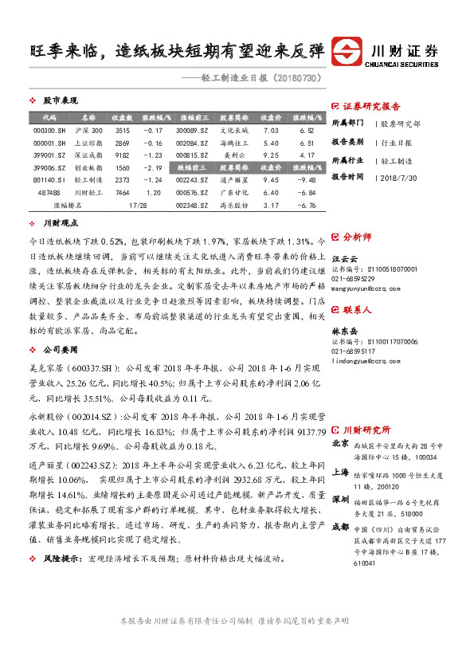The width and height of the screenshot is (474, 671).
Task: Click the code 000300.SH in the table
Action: [45, 131]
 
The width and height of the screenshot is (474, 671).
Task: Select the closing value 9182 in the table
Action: [122, 155]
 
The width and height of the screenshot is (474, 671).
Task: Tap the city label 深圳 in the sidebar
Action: [340, 498]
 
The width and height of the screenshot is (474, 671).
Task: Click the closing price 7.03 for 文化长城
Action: [271, 131]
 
